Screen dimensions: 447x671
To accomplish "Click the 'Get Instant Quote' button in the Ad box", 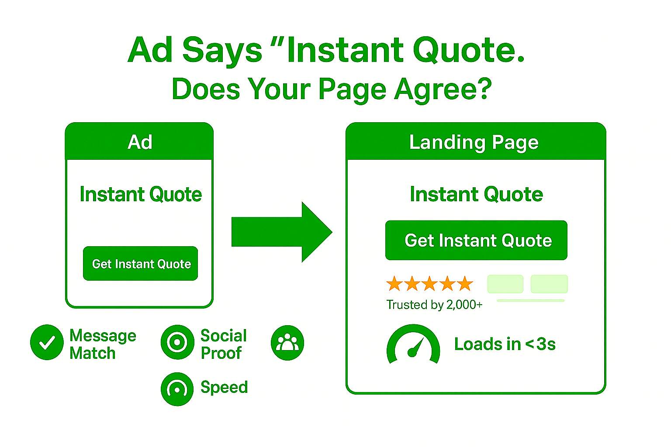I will (140, 264).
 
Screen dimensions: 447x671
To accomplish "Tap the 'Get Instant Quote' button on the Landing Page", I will (476, 241).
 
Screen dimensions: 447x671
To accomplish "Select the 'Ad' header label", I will (140, 142).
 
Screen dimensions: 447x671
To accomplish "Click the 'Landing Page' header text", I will (474, 142).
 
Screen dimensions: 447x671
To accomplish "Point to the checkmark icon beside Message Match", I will (47, 342).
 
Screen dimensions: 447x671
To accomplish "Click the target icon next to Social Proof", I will (177, 342).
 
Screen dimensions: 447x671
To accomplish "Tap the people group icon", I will (287, 342).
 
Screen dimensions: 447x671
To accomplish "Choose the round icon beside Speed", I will (177, 389).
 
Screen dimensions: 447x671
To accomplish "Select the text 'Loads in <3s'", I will (505, 344).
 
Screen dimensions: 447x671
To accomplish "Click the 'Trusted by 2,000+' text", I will (434, 305).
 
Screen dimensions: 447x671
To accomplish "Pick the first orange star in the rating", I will (394, 284).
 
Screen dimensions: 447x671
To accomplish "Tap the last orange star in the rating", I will (465, 284).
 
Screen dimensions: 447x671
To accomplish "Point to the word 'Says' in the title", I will (222, 51).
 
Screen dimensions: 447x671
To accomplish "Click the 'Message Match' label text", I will (103, 344).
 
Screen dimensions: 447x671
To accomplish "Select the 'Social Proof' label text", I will (223, 344).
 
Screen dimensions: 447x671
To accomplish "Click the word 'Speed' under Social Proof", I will (224, 387).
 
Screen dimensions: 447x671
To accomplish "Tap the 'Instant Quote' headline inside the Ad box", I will (140, 194).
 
